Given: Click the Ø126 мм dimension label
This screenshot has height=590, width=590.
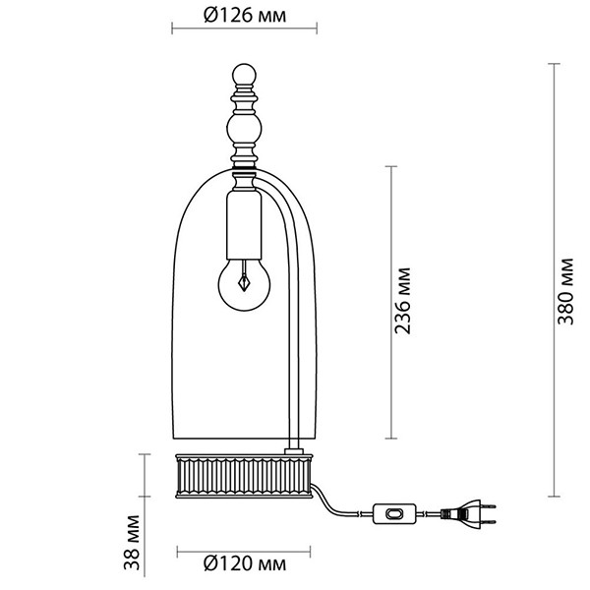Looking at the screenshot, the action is [245, 16].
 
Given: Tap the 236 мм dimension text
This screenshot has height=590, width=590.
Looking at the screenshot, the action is [402, 301].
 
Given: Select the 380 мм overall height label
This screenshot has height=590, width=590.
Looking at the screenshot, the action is [565, 291].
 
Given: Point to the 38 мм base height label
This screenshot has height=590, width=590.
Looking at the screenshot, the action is [132, 542].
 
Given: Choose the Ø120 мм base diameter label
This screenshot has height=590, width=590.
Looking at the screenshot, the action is [245, 563].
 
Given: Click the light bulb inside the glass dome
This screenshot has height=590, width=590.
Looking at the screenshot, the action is [244, 284].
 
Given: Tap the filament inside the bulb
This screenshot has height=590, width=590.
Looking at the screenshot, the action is [245, 277].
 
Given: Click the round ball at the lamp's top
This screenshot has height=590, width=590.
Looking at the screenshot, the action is [244, 75].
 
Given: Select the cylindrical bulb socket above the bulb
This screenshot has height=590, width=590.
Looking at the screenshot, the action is [244, 225].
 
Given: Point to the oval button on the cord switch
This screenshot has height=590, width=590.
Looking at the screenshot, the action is [394, 513].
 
